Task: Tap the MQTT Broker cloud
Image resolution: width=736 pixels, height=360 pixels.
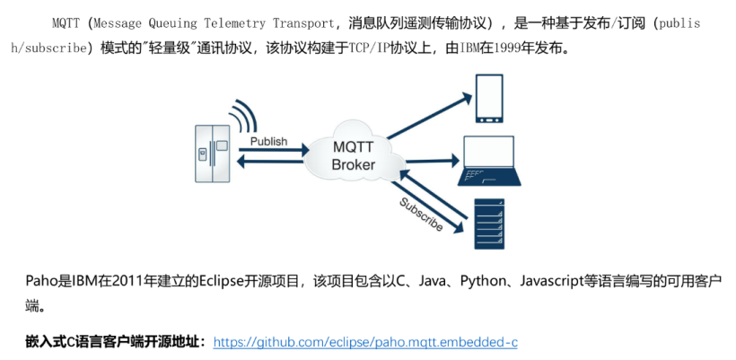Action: tap(353, 154)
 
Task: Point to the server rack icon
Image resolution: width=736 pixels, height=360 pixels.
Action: tap(488, 224)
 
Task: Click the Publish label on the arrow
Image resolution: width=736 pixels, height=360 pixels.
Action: tap(268, 141)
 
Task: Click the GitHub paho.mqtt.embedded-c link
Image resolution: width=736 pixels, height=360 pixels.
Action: tap(366, 342)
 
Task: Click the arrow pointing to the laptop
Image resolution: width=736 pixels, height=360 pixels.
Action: tap(429, 157)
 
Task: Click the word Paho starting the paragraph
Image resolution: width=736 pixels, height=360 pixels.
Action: tap(40, 282)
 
